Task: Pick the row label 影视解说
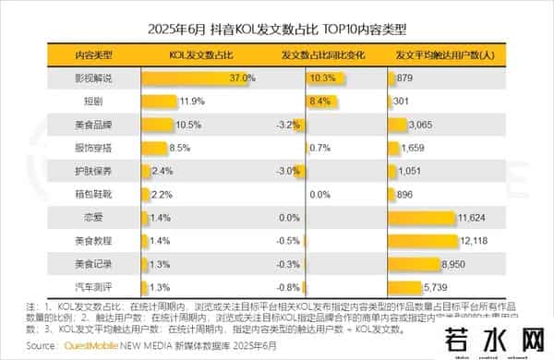pyautogui.click(x=92, y=78)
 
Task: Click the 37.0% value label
pyautogui.click(x=243, y=78)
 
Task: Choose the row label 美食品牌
pyautogui.click(x=92, y=125)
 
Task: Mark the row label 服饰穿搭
pyautogui.click(x=92, y=148)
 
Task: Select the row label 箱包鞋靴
pyautogui.click(x=92, y=195)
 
